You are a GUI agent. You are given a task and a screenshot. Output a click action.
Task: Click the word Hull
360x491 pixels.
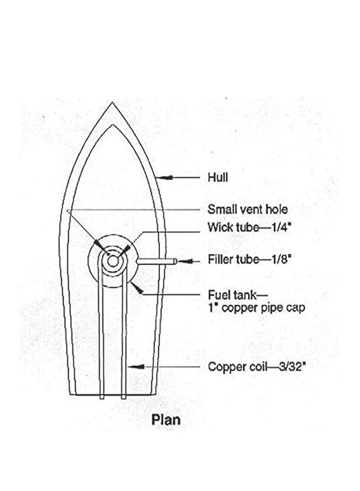tap(218, 177)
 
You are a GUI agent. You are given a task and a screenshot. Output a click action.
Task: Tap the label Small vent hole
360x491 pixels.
tap(248, 209)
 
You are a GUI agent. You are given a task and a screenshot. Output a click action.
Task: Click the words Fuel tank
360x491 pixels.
tap(232, 295)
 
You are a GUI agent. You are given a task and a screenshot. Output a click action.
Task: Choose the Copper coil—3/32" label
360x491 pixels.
tap(257, 367)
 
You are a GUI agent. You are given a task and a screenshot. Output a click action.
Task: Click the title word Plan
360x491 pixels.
tap(166, 420)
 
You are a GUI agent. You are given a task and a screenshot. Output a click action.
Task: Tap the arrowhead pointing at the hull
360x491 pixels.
tap(165, 177)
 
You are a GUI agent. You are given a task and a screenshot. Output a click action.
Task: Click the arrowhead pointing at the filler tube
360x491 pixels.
tap(185, 261)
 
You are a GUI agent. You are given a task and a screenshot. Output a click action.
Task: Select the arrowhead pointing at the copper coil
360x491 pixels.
tap(137, 367)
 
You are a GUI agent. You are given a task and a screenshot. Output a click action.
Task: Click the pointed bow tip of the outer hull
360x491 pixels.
tap(112, 102)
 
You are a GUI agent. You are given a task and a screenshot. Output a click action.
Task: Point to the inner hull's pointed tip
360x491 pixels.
tap(112, 125)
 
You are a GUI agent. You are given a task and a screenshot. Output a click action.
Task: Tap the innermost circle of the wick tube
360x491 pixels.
tap(113, 261)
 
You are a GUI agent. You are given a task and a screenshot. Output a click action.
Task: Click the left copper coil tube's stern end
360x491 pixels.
tap(102, 397)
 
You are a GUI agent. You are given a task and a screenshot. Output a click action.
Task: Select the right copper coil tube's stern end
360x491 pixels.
tap(124, 397)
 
